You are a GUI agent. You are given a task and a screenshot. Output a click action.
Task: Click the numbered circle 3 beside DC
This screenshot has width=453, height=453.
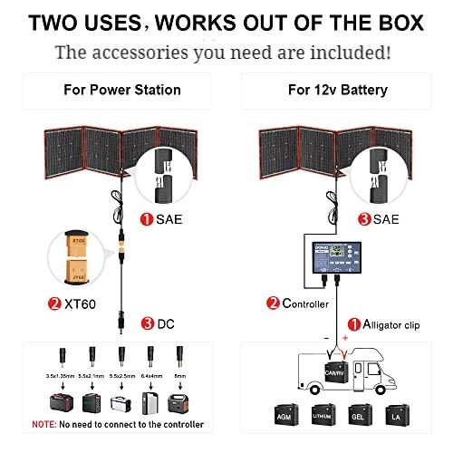148,323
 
